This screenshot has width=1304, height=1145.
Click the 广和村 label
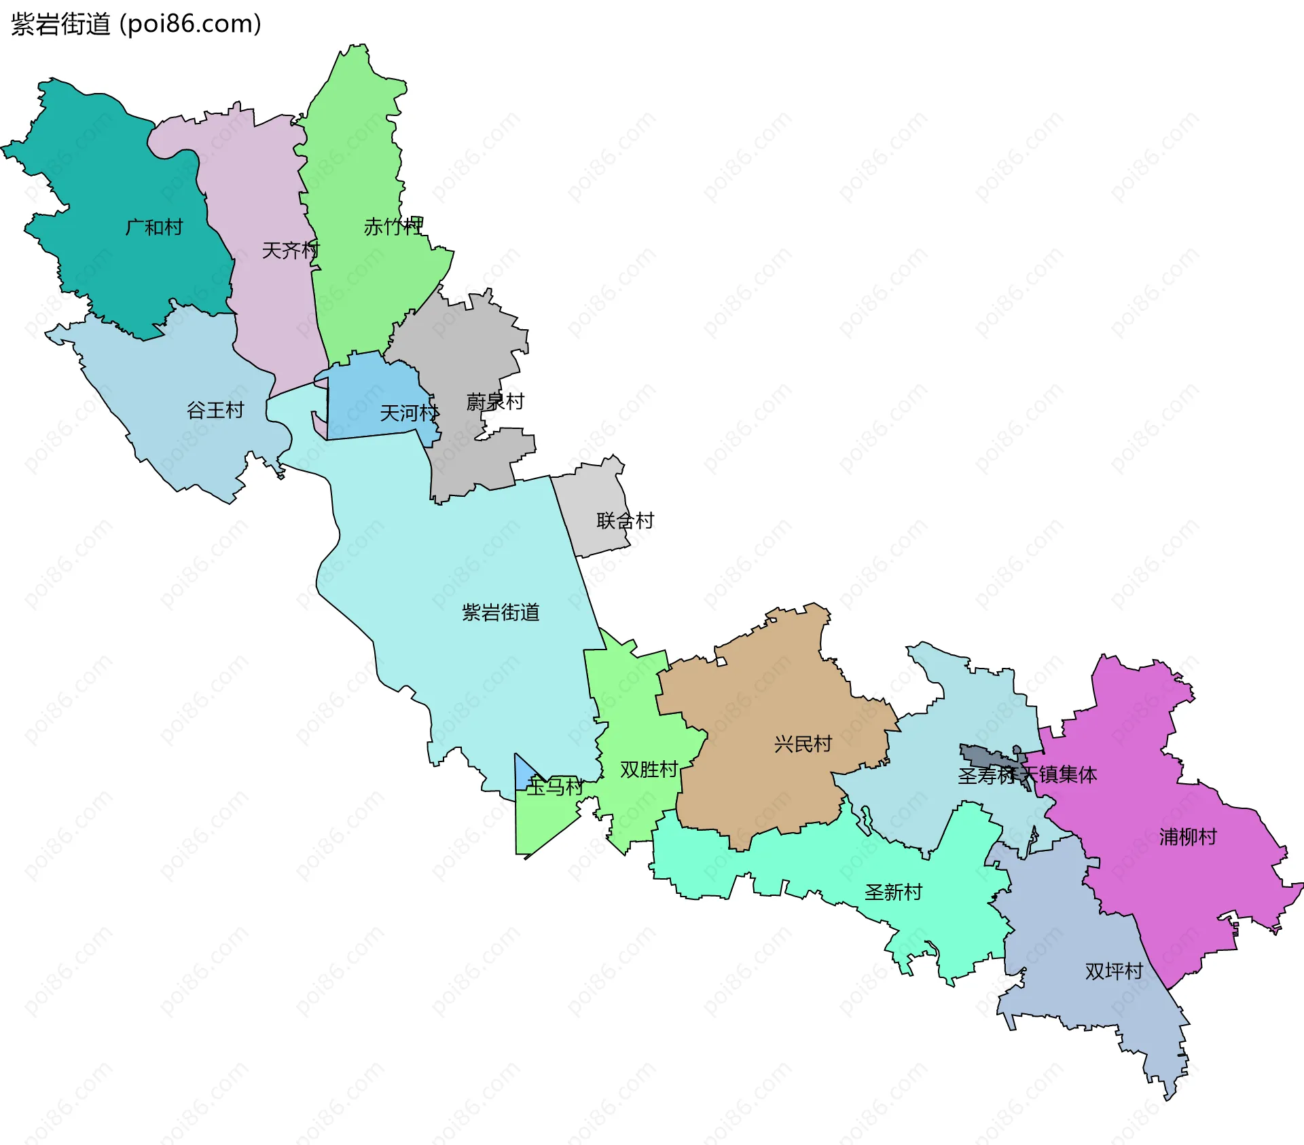pos(154,227)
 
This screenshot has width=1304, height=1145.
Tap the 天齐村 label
pos(291,250)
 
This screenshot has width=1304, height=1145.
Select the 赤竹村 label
pos(393,227)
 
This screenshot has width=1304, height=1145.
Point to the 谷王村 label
pos(215,410)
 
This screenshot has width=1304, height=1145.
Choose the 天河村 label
pos(410,413)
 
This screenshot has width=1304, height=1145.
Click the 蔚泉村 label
pos(495,402)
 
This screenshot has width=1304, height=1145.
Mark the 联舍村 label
pos(625,521)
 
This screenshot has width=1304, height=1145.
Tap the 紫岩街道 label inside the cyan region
pos(501,612)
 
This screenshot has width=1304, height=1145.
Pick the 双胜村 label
pos(649,770)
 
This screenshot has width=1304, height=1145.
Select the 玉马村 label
pos(555,787)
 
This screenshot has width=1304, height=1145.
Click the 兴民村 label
pos(803,744)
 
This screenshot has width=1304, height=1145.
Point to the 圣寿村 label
pos(986,775)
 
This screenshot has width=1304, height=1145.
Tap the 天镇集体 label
pos(1059,774)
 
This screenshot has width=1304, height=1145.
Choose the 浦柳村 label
pos(1188,837)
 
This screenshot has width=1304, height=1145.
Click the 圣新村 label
pos(893,892)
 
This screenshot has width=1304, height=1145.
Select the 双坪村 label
pos(1114,971)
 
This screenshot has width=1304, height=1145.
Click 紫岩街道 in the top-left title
pos(60,24)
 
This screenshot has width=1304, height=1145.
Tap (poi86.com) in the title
pos(190,24)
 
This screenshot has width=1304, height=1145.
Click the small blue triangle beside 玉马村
pos(523,774)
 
